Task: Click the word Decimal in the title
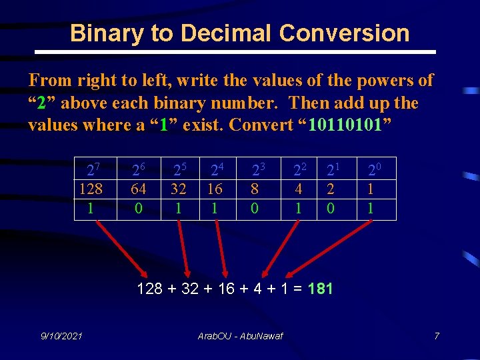pos(222,33)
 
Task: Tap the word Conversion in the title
pos(345,33)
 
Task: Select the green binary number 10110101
pos(345,125)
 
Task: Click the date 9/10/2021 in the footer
pos(61,335)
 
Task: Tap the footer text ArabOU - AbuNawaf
pos(240,335)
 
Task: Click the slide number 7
pos(437,335)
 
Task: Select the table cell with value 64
pos(138,189)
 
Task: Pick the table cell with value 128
pos(91,189)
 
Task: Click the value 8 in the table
pos(255,189)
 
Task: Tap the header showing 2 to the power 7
pos(93,170)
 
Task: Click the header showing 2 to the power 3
pos(257,170)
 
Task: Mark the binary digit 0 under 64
pos(138,208)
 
